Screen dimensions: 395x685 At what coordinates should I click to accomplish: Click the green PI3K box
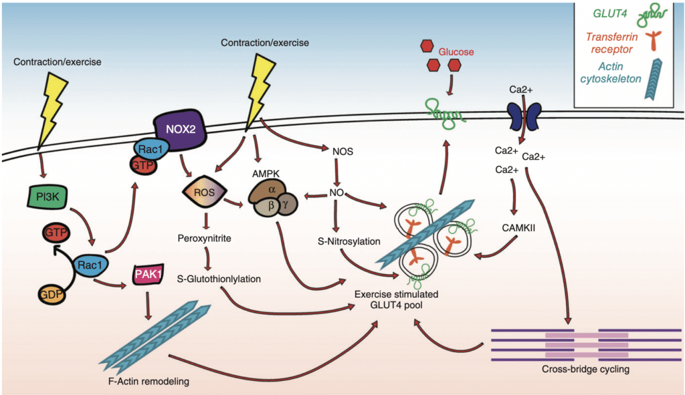[47, 197]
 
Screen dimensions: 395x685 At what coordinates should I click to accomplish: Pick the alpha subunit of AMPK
[271, 189]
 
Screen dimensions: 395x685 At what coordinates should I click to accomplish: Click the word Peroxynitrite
[204, 237]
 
